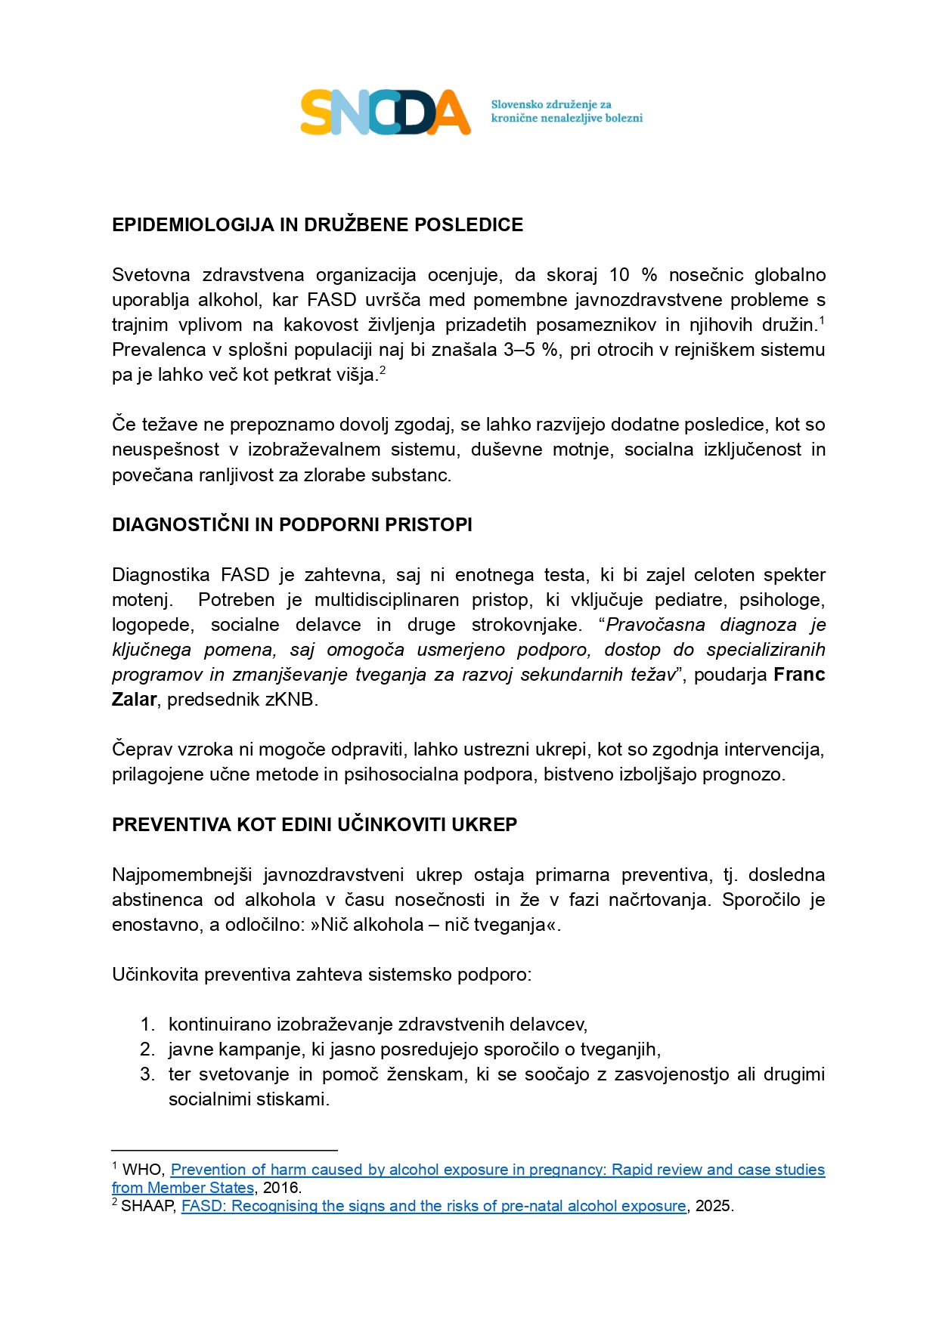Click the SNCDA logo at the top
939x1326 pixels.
pos(385,113)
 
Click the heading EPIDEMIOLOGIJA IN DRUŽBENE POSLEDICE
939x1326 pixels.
pos(317,225)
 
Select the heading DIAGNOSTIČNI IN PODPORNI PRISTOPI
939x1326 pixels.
pos(292,525)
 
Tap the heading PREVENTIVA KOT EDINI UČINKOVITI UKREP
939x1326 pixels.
pos(314,825)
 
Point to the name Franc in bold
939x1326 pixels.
pos(799,675)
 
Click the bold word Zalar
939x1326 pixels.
pos(134,700)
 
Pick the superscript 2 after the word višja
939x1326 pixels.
pos(383,370)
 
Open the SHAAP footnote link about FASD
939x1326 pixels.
pos(433,1206)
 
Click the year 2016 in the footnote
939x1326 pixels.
pos(280,1188)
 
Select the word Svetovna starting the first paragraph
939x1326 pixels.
pos(150,275)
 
